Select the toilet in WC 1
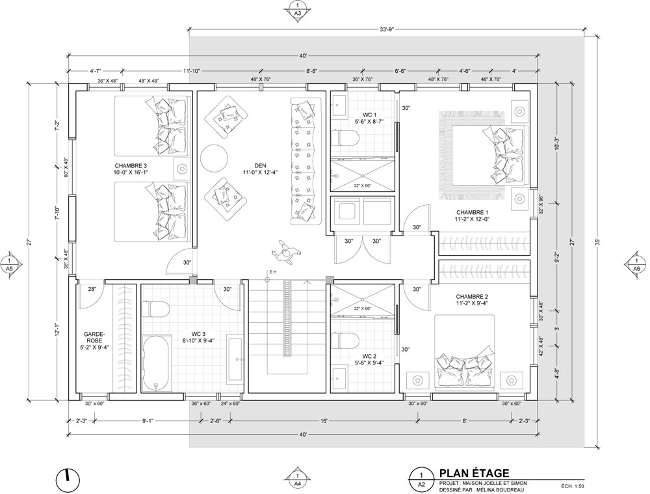tap(345, 138)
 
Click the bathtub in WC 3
tap(155, 363)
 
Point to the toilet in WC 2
tap(345, 341)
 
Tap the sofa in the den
tap(306, 161)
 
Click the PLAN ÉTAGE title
tap(474, 473)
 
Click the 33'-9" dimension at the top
tap(386, 29)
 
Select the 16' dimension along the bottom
tap(324, 421)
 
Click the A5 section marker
tap(10, 264)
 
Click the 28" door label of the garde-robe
tap(92, 289)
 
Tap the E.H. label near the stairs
tap(273, 272)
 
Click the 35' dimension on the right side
tap(597, 241)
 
